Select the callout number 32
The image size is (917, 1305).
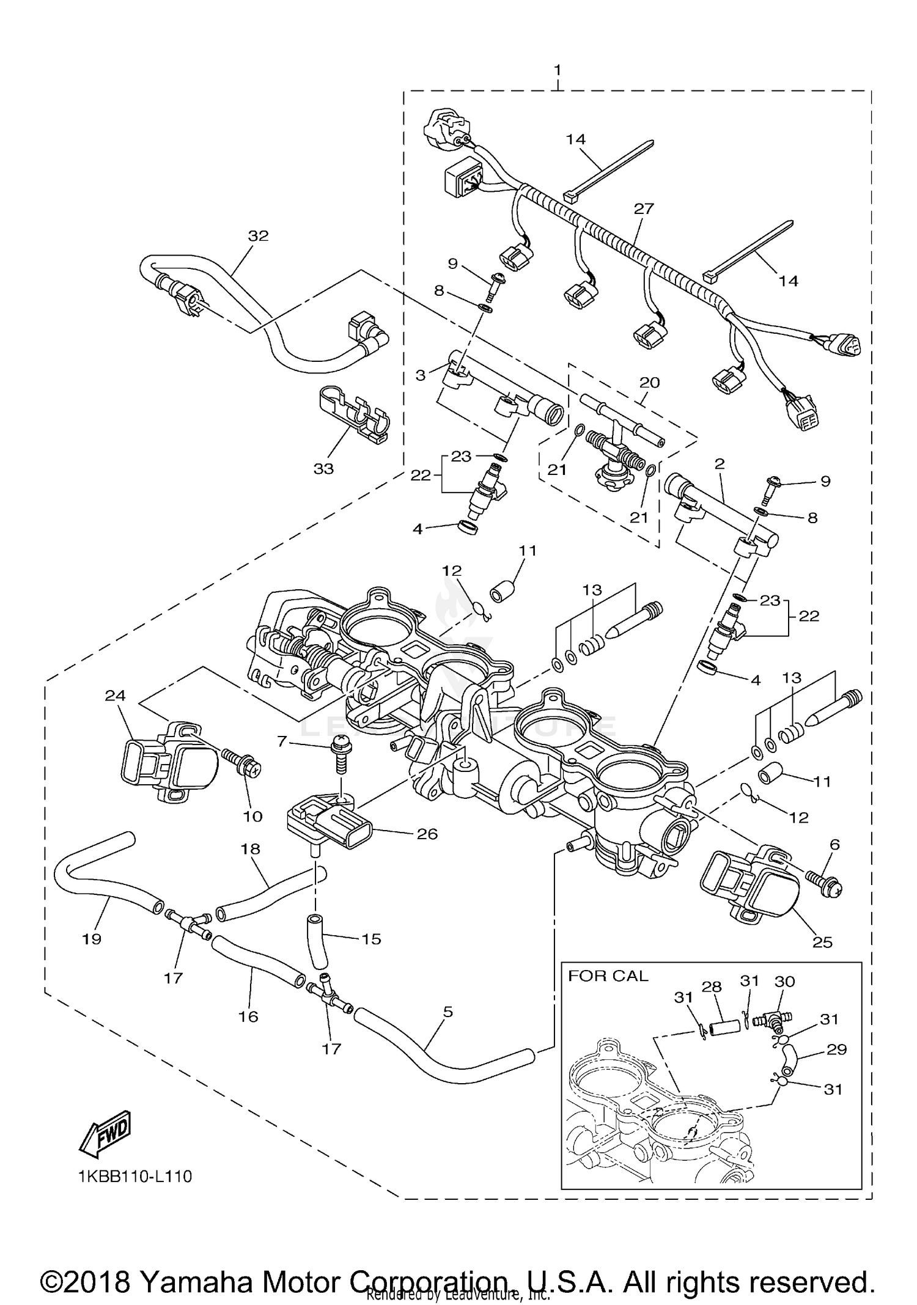point(258,236)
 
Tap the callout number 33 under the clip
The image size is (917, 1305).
point(323,469)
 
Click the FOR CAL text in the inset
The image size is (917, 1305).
point(608,976)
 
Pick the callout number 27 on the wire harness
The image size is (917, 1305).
point(644,208)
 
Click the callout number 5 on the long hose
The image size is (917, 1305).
point(448,1029)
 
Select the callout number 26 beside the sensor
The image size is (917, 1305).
point(427,834)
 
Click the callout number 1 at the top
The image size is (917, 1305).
point(557,70)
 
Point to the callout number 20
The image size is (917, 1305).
point(649,383)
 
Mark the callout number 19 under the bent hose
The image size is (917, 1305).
point(92,939)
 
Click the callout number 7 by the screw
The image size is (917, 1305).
point(281,741)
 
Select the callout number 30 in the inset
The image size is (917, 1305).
point(785,981)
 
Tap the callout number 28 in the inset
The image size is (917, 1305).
point(712,987)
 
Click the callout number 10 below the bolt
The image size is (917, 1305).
point(252,816)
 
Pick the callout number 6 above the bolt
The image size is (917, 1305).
point(834,844)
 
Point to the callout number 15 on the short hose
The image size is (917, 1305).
point(371,939)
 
